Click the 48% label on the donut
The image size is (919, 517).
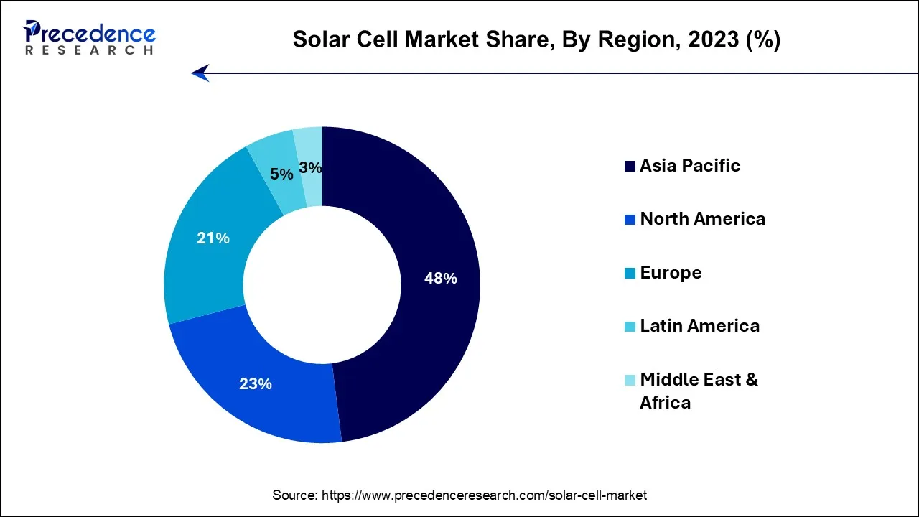[x=441, y=279]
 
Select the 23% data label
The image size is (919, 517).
[x=256, y=384]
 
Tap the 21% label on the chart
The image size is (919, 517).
[x=213, y=238]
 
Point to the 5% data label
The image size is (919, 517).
[x=281, y=174]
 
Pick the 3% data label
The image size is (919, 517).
[x=310, y=168]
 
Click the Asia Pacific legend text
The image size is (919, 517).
[x=690, y=166]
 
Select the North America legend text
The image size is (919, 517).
[x=702, y=219]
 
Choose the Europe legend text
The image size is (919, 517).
[x=671, y=273]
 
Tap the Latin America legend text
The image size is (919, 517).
[x=699, y=326]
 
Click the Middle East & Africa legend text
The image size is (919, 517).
[x=699, y=391]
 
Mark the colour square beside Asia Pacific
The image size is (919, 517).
[x=630, y=167]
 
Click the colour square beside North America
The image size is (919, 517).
[x=630, y=220]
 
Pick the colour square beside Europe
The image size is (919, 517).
[x=630, y=274]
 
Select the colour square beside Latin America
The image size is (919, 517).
[x=630, y=327]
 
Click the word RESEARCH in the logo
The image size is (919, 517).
[x=89, y=50]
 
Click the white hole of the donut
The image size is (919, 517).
[x=322, y=285]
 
